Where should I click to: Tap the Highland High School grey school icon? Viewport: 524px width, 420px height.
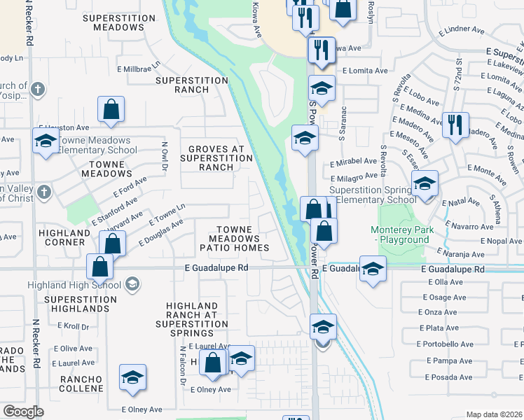pyautogui.click(x=132, y=284)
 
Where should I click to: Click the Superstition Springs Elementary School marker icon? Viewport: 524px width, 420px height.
pyautogui.click(x=425, y=184)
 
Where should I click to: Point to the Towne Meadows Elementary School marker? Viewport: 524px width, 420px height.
pyautogui.click(x=46, y=141)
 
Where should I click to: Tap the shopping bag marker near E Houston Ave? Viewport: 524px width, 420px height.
pyautogui.click(x=111, y=110)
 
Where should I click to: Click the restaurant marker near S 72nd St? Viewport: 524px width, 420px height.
pyautogui.click(x=455, y=126)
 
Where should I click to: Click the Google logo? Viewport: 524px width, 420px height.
pyautogui.click(x=23, y=412)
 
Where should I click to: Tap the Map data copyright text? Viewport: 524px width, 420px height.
pyautogui.click(x=495, y=414)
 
